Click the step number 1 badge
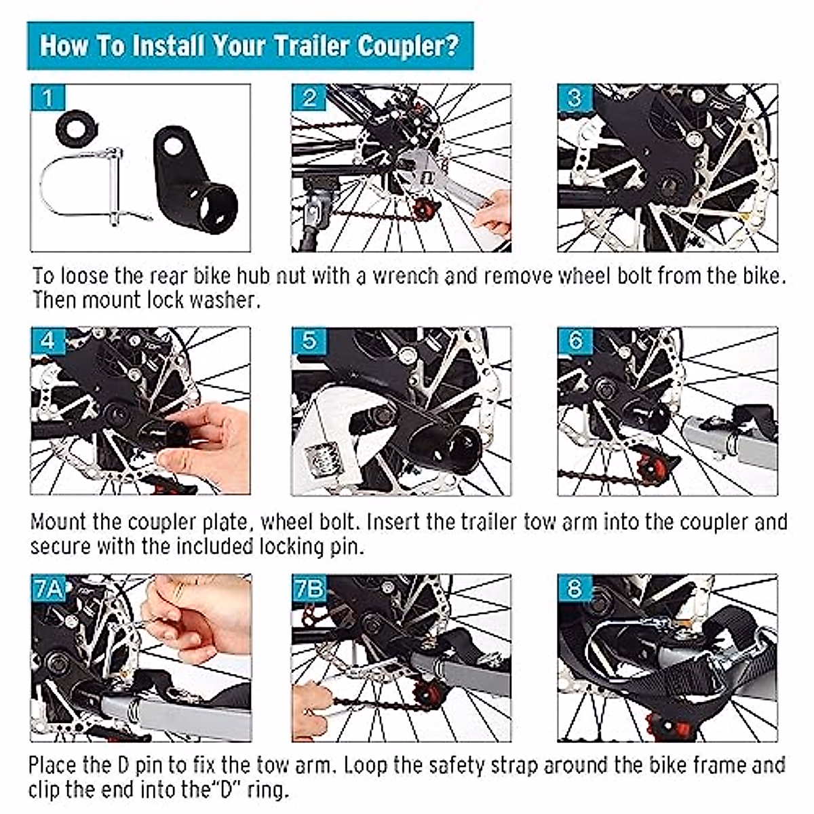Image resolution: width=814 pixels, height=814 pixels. (49, 98)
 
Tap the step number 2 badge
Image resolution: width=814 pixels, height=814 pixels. (309, 98)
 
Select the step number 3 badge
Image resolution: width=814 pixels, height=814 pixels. (575, 98)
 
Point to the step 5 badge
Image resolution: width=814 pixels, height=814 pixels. (309, 341)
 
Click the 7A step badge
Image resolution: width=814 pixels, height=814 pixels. (49, 587)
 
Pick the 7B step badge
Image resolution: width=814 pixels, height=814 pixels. (309, 587)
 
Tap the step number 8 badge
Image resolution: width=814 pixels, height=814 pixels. (575, 587)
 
